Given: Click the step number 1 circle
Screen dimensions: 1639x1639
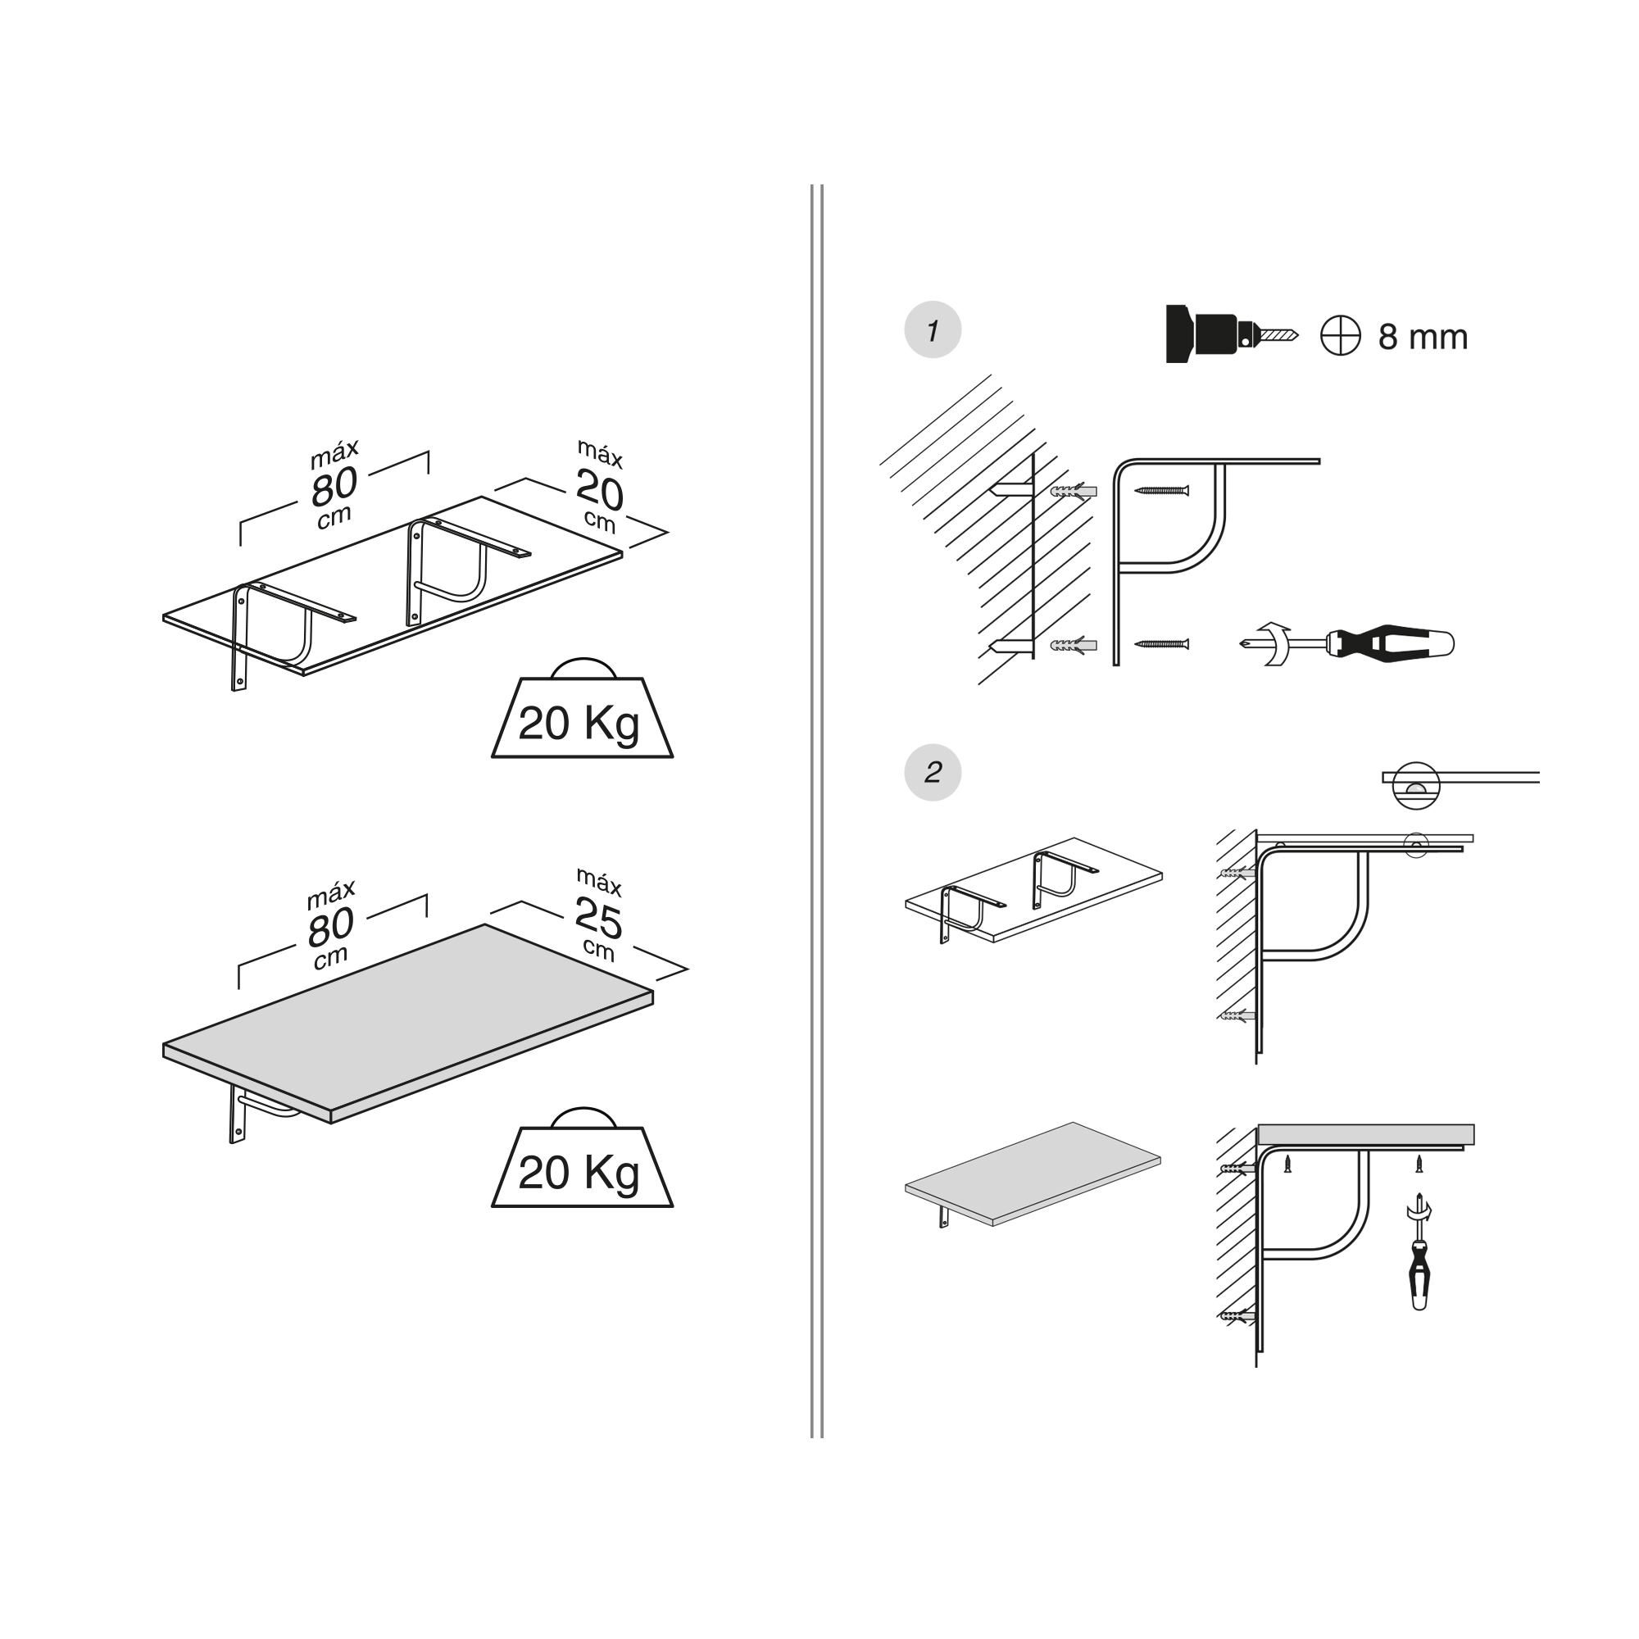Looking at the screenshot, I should [933, 330].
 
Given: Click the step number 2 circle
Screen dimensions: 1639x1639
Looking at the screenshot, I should [933, 772].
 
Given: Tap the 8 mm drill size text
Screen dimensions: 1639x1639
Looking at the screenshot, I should [1423, 337].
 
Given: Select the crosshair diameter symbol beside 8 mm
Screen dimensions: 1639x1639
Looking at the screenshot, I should [1341, 335].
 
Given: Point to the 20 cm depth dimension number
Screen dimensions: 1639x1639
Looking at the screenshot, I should [599, 491].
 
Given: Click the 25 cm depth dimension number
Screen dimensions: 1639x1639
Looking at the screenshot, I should [598, 918].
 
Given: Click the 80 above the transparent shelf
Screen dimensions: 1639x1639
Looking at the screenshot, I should [334, 486].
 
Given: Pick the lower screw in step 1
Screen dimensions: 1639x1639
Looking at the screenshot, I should [1161, 644].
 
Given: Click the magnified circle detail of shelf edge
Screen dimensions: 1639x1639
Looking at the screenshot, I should [1416, 786].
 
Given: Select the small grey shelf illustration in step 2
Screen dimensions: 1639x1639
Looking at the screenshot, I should [1033, 1174].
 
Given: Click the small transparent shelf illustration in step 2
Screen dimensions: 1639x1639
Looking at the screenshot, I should [1033, 890].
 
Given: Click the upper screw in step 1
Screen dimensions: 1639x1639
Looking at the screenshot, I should [1161, 490].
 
